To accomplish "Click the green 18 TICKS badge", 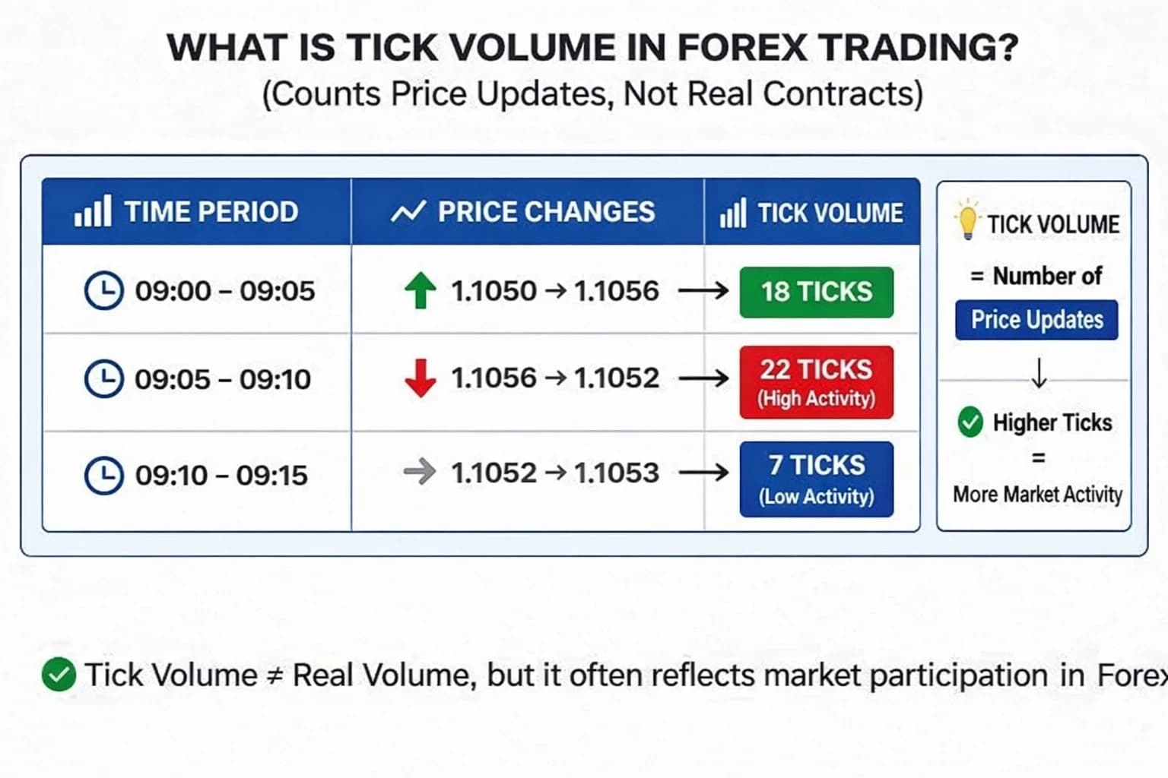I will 816,292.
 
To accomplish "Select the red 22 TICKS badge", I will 816,381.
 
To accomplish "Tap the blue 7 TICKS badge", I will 816,479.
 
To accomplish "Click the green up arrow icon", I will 420,291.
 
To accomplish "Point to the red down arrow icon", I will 420,378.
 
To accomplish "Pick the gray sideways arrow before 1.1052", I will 419,473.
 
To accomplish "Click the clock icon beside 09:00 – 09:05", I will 103,290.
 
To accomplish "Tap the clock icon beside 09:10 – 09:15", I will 103,476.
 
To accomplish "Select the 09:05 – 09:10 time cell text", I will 222,379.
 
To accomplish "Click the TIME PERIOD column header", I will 211,212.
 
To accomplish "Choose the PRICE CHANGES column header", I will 545,212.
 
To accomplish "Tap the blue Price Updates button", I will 1036,320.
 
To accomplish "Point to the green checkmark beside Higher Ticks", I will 970,422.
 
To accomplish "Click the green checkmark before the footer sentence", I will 59,675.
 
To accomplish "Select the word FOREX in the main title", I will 741,48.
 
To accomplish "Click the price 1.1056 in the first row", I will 617,291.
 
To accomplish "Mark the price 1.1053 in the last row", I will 617,473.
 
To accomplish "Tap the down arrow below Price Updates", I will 1039,372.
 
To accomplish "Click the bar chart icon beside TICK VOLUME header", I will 732,213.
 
